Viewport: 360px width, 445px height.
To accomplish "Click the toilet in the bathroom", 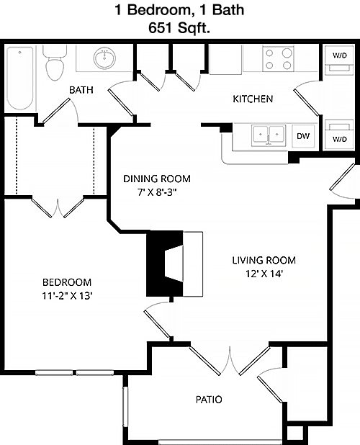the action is (x=55, y=63).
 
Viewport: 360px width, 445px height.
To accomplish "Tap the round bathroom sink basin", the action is (x=104, y=58).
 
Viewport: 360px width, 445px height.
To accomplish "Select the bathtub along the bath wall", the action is (x=20, y=78).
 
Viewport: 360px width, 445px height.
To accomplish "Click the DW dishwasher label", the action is (x=303, y=136).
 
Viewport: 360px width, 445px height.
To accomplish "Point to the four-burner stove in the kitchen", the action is (x=279, y=59).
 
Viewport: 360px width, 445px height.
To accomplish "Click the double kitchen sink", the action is (x=269, y=135).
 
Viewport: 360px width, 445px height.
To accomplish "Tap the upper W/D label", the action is (x=340, y=55).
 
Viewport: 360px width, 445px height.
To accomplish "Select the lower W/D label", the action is (x=340, y=140).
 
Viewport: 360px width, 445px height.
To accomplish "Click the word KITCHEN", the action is (x=253, y=99).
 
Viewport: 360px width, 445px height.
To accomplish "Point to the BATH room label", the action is (x=81, y=90).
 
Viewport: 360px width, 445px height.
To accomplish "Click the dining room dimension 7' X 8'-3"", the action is (x=157, y=193).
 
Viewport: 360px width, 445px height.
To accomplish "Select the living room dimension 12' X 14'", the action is (x=264, y=274).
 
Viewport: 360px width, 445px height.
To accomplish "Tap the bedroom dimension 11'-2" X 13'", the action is (x=67, y=296).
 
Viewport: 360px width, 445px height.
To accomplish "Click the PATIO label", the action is (x=209, y=400).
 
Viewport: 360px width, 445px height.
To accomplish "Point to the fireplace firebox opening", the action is (x=174, y=264).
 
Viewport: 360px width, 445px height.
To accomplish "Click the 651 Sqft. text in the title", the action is (x=179, y=28).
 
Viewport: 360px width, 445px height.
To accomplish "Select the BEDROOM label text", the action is (x=67, y=282).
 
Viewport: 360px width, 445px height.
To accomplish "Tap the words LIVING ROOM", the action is (x=264, y=260).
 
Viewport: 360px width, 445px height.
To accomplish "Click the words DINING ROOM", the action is (x=157, y=179).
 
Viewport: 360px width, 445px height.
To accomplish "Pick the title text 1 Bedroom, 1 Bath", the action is (x=179, y=10).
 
